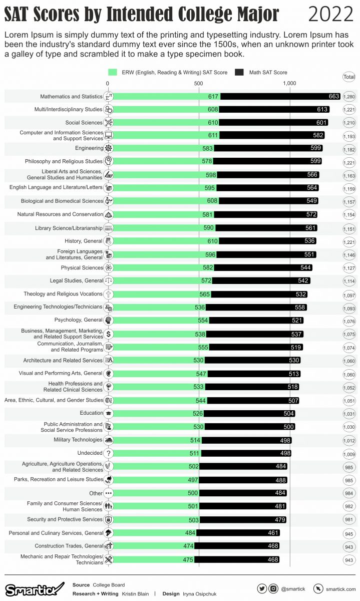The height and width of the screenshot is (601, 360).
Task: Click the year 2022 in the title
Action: (x=330, y=15)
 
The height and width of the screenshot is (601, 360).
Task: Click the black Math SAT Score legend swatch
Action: (x=239, y=72)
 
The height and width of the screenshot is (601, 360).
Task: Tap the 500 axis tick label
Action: (x=199, y=84)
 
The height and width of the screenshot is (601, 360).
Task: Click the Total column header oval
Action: (x=349, y=77)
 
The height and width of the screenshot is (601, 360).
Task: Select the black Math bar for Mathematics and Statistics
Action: (x=280, y=96)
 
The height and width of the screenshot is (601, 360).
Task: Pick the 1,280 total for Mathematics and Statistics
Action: (x=349, y=96)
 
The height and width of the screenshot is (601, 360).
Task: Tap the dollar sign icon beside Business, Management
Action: (x=109, y=334)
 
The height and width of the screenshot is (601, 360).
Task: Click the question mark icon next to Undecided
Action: (x=109, y=453)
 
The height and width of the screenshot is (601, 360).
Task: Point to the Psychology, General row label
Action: (x=78, y=320)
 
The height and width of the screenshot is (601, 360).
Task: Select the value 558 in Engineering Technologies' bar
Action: (x=299, y=307)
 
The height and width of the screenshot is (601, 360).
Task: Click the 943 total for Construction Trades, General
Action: (x=349, y=546)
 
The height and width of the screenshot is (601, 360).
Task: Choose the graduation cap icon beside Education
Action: (x=109, y=413)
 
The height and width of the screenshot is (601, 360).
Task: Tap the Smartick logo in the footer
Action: (x=35, y=588)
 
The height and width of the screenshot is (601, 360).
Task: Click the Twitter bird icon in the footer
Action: (x=262, y=588)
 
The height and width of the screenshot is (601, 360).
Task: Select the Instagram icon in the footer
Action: (x=274, y=588)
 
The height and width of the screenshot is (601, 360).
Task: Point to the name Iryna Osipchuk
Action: (x=200, y=593)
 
